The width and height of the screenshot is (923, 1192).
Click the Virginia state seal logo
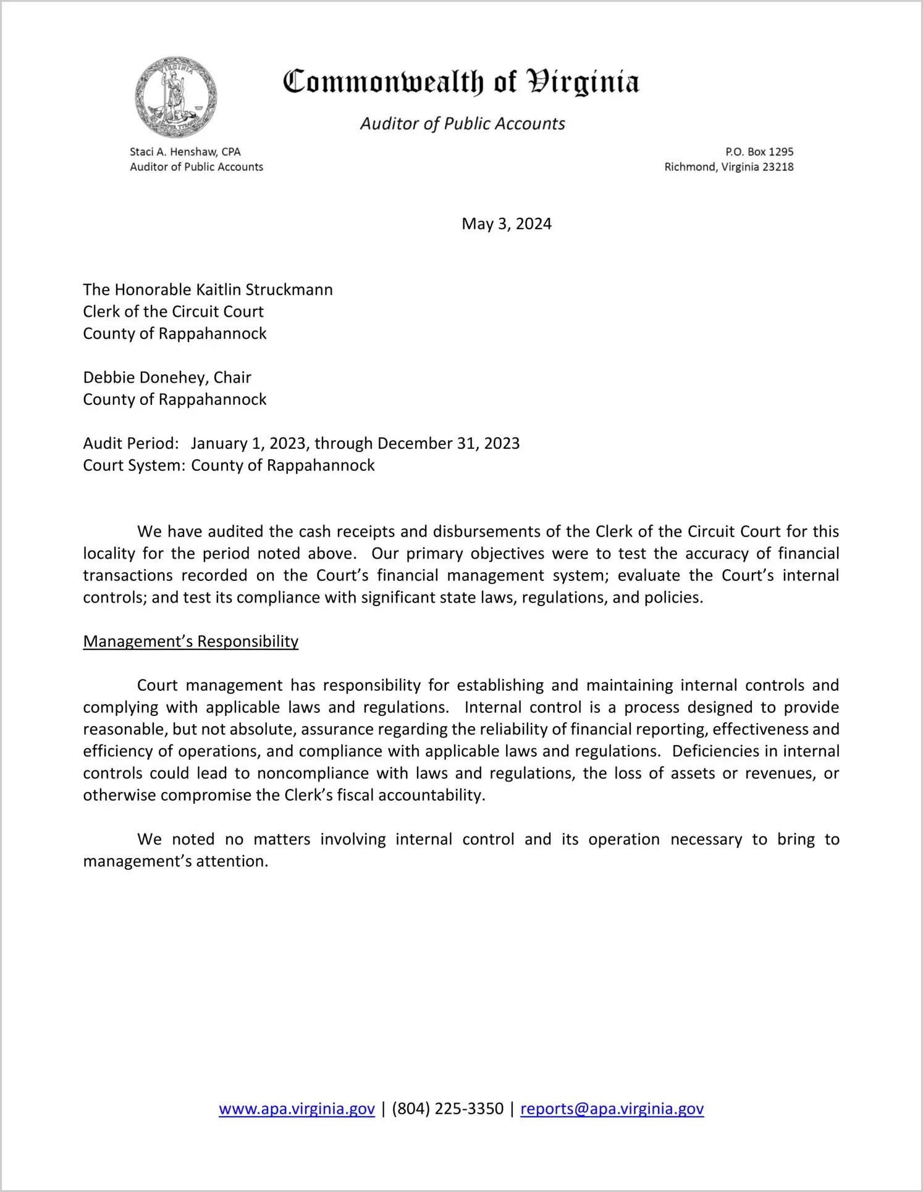click(176, 98)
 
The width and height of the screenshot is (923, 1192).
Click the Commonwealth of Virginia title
click(461, 82)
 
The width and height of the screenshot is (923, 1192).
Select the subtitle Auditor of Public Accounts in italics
click(462, 124)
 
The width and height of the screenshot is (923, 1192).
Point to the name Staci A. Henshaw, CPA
click(185, 152)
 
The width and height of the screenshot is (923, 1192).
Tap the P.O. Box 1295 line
click(759, 152)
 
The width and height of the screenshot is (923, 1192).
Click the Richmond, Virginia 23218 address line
click(728, 167)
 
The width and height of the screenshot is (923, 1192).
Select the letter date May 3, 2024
click(506, 223)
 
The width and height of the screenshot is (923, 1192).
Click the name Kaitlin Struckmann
click(264, 290)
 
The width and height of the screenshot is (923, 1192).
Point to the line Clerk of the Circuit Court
click(173, 311)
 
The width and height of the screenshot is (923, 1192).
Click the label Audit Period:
click(131, 443)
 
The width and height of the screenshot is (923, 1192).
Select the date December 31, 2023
click(448, 443)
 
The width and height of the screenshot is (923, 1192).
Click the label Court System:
click(134, 465)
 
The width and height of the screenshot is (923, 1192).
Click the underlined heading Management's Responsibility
click(190, 641)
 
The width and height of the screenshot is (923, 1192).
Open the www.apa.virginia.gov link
click(297, 1109)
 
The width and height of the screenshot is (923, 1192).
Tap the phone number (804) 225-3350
click(447, 1109)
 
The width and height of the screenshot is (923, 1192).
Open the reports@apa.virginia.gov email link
click(612, 1109)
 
